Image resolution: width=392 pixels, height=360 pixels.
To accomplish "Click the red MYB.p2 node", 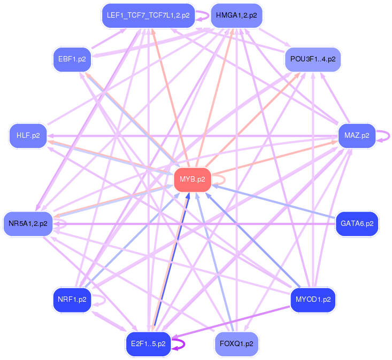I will pos(193,179).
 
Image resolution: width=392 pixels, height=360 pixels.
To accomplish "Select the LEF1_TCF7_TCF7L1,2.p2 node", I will pos(148,15).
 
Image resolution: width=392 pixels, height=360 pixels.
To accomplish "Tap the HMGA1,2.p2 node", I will pos(236,15).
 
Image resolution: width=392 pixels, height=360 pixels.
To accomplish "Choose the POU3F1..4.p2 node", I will pos(312,59).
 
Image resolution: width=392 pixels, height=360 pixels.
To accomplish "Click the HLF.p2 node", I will pos(28,135).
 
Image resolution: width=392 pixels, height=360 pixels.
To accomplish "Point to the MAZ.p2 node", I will pos(357,135).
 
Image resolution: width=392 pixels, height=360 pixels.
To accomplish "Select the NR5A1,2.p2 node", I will pos(28,223).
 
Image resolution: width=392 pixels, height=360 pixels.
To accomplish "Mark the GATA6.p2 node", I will pos(357,223).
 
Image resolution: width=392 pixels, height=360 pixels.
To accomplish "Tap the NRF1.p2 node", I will pos(72,300).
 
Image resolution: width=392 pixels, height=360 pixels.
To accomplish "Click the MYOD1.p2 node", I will pos(312,300).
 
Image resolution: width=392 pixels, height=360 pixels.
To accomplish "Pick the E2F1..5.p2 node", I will pos(148,343).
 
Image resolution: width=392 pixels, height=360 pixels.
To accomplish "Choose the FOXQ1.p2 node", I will pos(236,343).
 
